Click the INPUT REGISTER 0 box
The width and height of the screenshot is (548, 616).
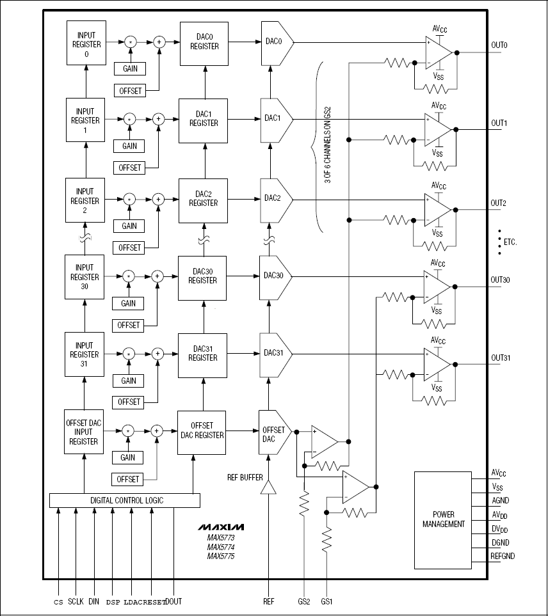point(86,43)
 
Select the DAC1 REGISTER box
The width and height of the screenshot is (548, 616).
point(203,121)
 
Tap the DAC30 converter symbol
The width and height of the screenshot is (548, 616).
point(275,278)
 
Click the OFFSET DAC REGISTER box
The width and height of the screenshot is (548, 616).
point(202,432)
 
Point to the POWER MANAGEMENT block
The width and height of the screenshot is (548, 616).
point(443,520)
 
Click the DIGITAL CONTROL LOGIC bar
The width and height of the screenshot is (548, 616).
point(125,500)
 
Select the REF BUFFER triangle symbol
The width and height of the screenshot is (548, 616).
point(268,487)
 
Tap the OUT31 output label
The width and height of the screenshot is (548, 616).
point(501,358)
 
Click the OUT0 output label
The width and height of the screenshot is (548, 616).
point(499,45)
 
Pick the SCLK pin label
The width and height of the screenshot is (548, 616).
point(76,601)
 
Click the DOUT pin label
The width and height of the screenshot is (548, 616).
point(173,601)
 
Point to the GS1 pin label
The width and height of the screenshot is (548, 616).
point(326,601)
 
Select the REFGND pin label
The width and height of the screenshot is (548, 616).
point(503,556)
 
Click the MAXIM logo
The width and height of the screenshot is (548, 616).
point(221,527)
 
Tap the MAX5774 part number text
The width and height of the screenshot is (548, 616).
point(221,547)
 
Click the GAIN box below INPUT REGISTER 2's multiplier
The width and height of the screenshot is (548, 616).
point(129,226)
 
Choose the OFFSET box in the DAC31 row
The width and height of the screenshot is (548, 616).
point(129,402)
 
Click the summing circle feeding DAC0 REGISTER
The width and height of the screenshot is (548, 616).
point(159,42)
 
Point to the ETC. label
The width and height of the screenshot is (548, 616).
point(510,242)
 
